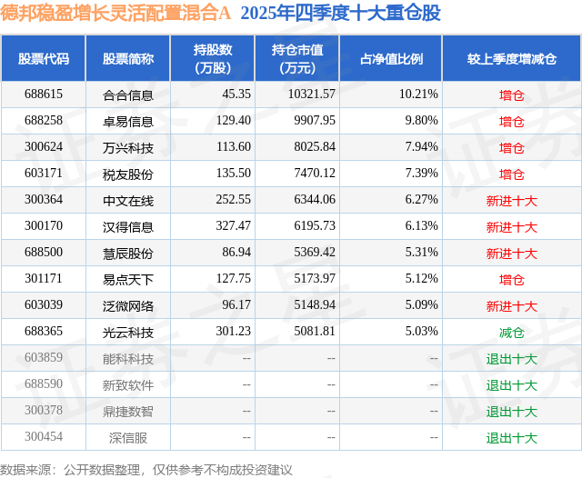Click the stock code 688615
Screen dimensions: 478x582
(44, 95)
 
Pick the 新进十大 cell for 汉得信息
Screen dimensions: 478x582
(511, 227)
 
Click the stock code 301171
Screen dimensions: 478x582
(44, 280)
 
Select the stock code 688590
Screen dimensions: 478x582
(44, 385)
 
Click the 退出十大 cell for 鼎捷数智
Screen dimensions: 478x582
(511, 412)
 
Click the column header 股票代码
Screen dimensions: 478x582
(44, 58)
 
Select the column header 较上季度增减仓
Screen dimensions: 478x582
(511, 58)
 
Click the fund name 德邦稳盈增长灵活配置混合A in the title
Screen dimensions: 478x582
(115, 14)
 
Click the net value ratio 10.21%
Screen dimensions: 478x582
(418, 95)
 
